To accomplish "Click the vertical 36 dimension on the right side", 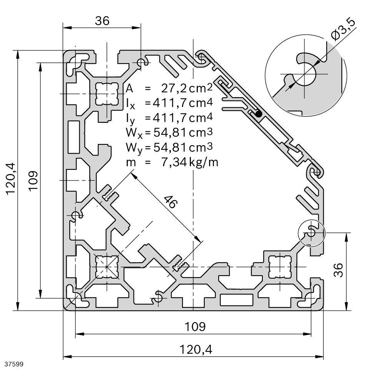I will pyautogui.click(x=338, y=270).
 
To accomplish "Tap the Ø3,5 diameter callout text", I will pyautogui.click(x=343, y=30).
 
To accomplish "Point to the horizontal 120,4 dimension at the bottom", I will pyautogui.click(x=196, y=350).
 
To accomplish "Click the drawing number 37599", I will pyautogui.click(x=13, y=363).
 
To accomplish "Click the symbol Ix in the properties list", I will pyautogui.click(x=130, y=103).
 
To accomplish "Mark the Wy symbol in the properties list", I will pyautogui.click(x=130, y=148).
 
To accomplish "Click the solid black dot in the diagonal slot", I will pyautogui.click(x=259, y=114).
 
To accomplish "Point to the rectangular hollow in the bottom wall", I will pyautogui.click(x=237, y=300).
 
